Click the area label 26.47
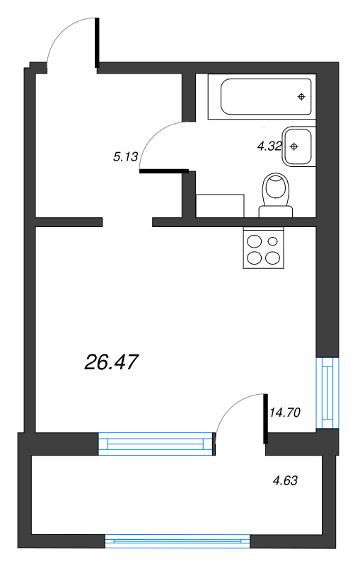coord(111,362)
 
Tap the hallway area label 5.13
coord(125,156)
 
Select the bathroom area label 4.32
coord(269,146)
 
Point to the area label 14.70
coord(285,412)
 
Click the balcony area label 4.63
coord(285,480)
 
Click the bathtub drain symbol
coord(301,97)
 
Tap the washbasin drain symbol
coord(294,146)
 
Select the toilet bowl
coord(277,189)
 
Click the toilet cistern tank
coord(276,212)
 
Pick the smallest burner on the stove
coord(273,241)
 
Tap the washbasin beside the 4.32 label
coord(299,146)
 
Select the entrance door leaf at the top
coord(97,42)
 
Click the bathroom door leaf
coord(164,171)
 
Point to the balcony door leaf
coord(266,419)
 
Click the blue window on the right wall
coord(327,393)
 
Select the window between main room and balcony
coord(156,444)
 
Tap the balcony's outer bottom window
coord(178,541)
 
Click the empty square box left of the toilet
coord(220,206)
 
